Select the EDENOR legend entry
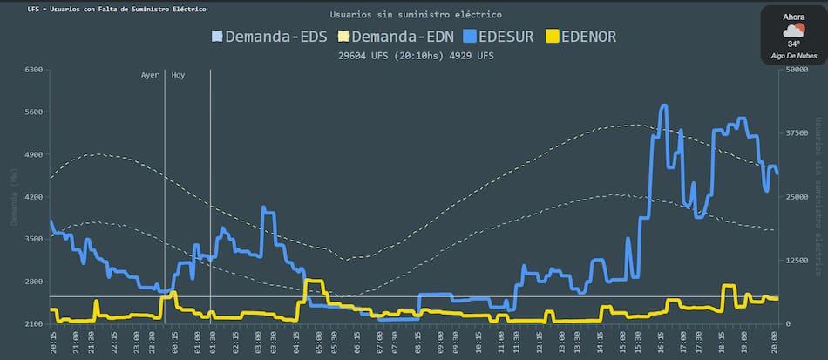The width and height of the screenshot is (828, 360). [x=581, y=37]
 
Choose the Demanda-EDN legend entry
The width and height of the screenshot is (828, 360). [x=397, y=37]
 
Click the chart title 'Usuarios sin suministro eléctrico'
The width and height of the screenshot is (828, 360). [x=416, y=15]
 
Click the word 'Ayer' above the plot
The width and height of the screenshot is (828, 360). [x=150, y=75]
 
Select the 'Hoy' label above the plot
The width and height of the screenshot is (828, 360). [x=178, y=75]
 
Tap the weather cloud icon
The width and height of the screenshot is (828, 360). [x=793, y=31]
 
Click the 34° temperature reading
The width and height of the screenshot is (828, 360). [x=793, y=44]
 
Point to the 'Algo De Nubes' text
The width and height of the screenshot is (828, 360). [x=793, y=56]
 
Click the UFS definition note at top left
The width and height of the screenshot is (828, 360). [x=117, y=9]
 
